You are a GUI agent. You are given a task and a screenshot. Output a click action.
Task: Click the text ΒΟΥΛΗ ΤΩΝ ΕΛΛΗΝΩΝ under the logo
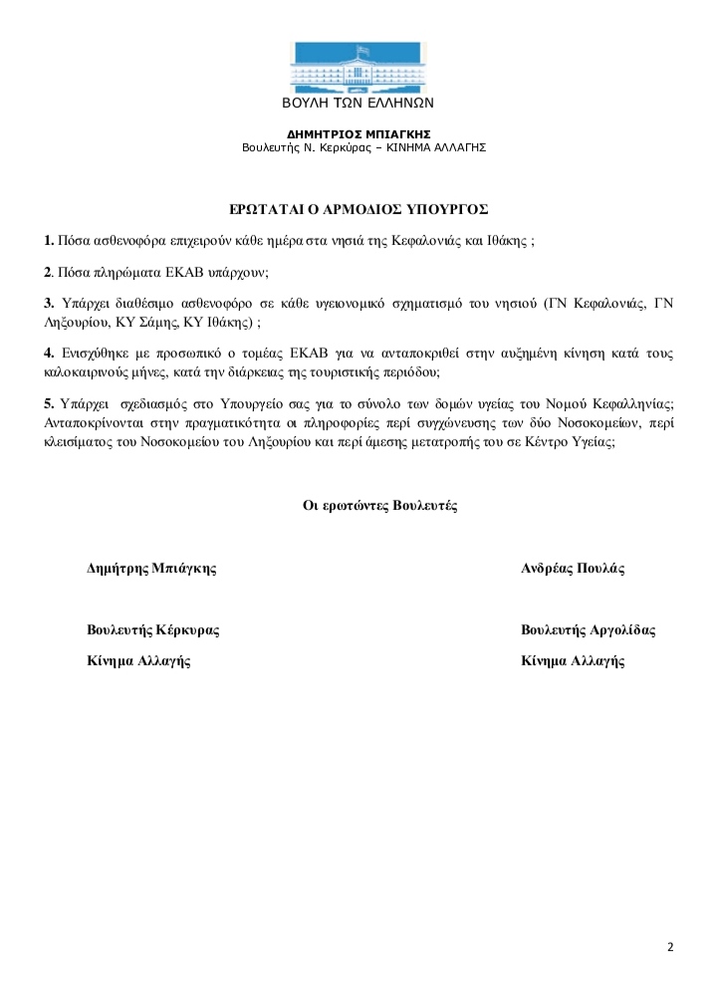[358, 104]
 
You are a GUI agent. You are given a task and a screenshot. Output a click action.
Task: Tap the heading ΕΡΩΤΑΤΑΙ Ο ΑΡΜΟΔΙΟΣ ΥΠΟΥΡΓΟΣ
[358, 209]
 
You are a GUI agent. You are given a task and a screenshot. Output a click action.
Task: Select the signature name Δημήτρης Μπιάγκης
[152, 569]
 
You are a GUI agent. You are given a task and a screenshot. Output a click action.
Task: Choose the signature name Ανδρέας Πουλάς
[573, 569]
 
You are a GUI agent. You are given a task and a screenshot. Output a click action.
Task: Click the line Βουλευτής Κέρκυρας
[153, 630]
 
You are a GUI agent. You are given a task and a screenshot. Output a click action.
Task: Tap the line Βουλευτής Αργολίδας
[588, 630]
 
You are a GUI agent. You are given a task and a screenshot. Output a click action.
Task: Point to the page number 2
[670, 946]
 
